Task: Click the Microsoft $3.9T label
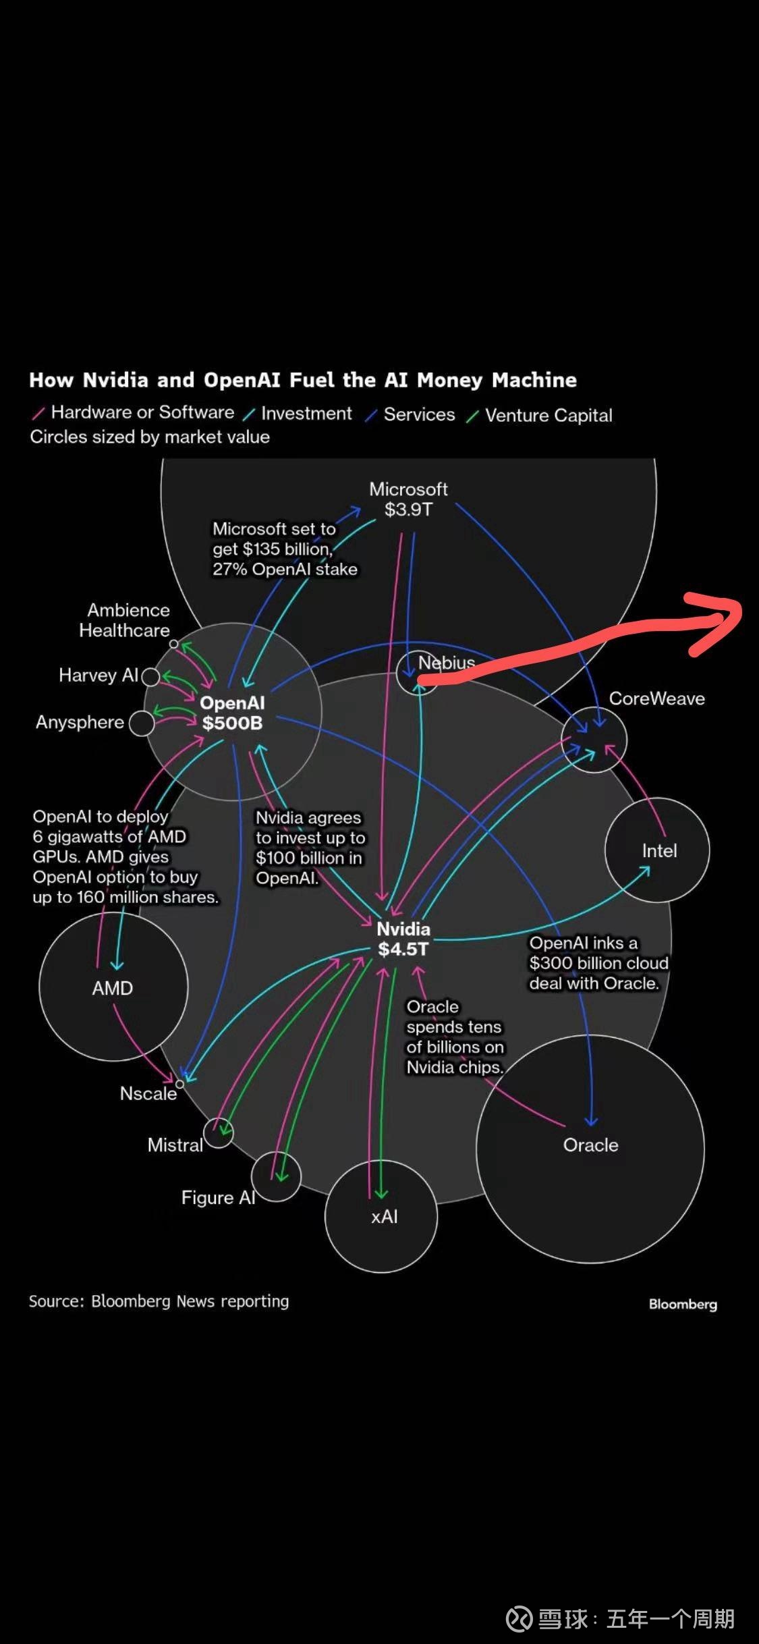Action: pos(408,499)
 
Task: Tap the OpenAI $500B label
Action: pos(232,713)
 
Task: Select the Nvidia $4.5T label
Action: pos(403,939)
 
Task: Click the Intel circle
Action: pos(658,850)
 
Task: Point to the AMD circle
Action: pos(113,987)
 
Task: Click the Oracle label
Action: pos(590,1145)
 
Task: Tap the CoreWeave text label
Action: pos(656,698)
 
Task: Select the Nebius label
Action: pos(446,663)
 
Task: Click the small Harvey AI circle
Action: pos(150,676)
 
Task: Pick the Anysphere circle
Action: pos(142,723)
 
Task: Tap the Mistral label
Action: pos(175,1145)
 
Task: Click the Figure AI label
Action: pos(218,1198)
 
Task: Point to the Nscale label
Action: pos(148,1093)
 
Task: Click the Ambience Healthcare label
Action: pos(125,620)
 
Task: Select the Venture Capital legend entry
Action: pos(548,415)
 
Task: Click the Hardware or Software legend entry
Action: pos(142,412)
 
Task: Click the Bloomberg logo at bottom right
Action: pos(683,1304)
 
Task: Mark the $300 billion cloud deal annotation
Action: pos(598,963)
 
